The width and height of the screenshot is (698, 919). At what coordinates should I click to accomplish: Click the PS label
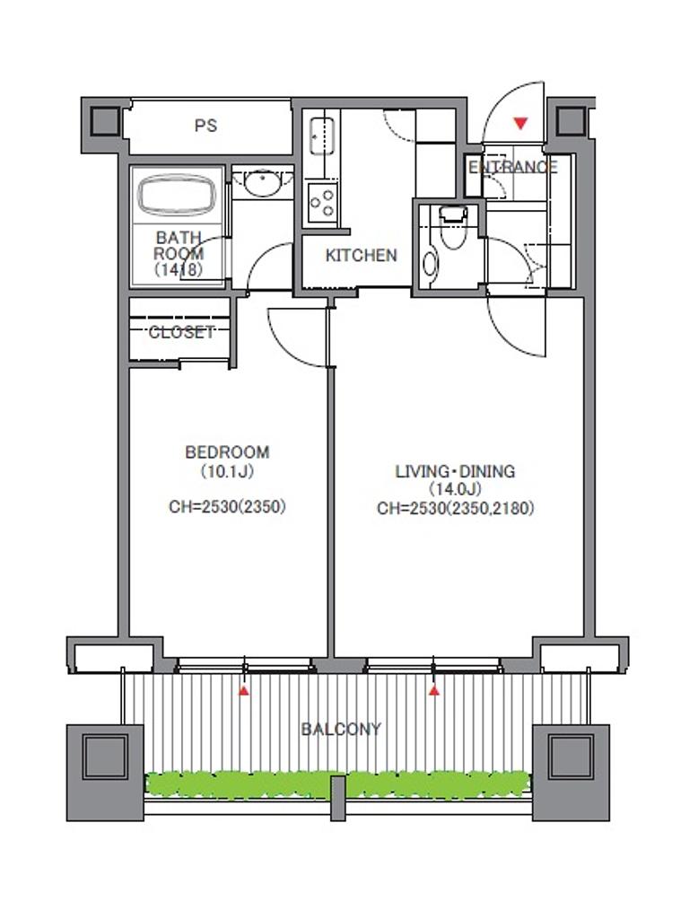pos(205,126)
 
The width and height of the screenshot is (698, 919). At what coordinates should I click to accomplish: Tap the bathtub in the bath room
pos(177,195)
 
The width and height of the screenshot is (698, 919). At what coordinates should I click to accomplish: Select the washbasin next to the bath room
pos(262,183)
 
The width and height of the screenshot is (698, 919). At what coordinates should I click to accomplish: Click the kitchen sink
pos(321,136)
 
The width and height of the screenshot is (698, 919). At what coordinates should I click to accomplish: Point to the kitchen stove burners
pos(322,202)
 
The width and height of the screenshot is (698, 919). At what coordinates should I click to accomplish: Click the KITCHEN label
pos(361,256)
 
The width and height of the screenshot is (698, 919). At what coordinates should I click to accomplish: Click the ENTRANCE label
pos(513,167)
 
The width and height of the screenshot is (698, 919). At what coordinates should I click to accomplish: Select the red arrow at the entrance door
pos(520,124)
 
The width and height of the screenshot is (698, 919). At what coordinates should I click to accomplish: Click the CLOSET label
pos(181,332)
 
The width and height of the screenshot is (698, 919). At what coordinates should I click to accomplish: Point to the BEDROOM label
pos(227,452)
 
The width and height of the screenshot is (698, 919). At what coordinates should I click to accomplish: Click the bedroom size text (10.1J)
pos(227,471)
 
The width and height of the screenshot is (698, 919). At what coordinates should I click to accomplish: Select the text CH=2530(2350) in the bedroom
pos(227,506)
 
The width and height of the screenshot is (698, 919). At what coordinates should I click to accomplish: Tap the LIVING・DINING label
pos(456,471)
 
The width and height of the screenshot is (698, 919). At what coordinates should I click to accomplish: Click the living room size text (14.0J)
pos(456,489)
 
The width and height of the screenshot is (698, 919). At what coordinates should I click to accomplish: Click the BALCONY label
pos(341,729)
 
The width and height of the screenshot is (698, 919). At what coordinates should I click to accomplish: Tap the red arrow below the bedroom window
pos(244,691)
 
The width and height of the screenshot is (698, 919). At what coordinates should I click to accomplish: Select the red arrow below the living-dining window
pos(433,691)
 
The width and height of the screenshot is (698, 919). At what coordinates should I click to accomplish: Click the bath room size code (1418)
pos(179,269)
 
